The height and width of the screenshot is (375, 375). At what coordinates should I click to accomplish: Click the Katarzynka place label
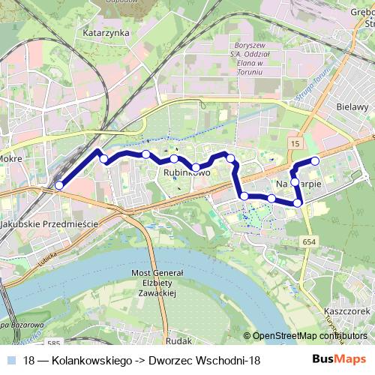coord(107,33)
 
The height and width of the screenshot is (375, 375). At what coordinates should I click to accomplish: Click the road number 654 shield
coord(310,241)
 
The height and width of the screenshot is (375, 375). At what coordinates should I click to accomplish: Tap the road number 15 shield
coord(295,142)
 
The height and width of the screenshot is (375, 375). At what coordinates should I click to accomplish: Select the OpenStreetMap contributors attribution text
coord(310,336)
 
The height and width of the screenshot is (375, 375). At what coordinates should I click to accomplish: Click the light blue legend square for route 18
coord(13,361)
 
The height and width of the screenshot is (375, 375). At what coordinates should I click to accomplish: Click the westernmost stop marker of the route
coord(59,186)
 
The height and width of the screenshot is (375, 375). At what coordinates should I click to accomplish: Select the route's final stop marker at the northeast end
coord(315,161)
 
